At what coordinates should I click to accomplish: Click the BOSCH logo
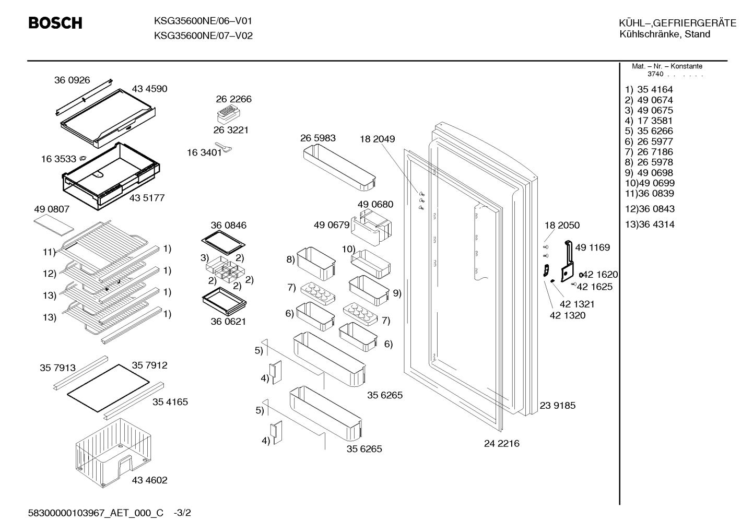click(55, 23)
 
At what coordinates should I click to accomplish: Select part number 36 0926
click(72, 80)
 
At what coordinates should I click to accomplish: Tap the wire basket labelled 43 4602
click(113, 452)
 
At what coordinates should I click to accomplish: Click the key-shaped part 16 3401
click(223, 147)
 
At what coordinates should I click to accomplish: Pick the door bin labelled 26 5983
click(339, 168)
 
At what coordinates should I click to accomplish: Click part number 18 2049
click(377, 139)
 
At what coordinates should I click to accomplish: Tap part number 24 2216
click(501, 444)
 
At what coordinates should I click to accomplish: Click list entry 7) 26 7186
click(649, 152)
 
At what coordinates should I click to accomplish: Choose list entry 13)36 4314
click(650, 224)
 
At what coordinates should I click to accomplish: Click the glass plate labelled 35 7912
click(108, 388)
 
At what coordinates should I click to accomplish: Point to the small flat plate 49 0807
click(54, 227)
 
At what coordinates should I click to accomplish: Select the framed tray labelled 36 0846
click(223, 242)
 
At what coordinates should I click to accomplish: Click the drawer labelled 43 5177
click(111, 176)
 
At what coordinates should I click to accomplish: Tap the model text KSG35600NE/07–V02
click(203, 36)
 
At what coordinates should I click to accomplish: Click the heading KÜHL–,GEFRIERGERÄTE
click(678, 23)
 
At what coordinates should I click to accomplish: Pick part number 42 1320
click(568, 315)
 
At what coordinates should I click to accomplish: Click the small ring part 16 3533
click(83, 158)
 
